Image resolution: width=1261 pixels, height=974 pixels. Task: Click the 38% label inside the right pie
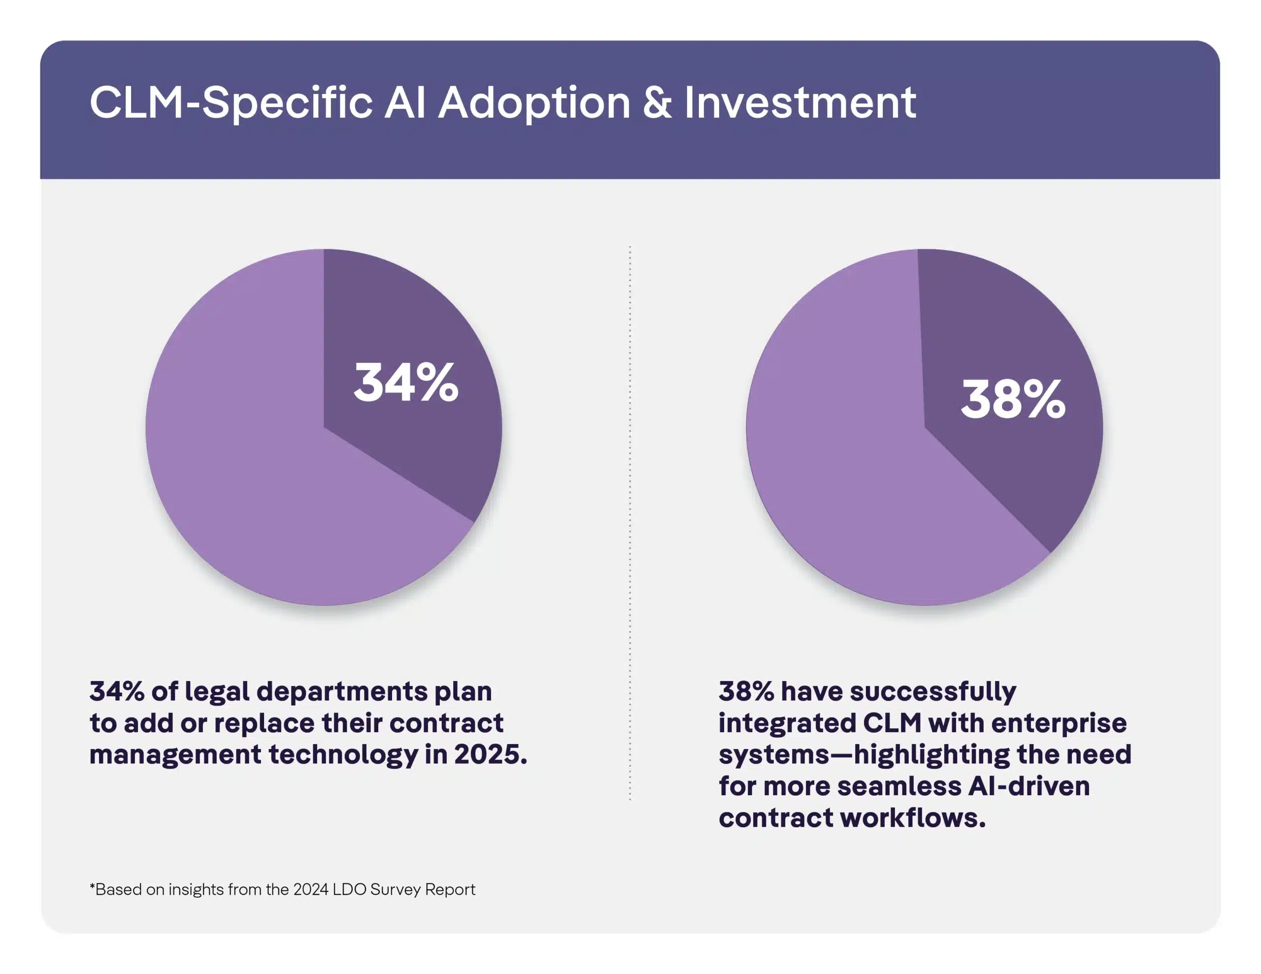click(x=1013, y=399)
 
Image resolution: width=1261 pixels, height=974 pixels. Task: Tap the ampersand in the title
click(x=657, y=103)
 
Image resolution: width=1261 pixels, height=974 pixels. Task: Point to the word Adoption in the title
click(x=534, y=103)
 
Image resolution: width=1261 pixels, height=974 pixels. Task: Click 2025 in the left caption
click(x=490, y=754)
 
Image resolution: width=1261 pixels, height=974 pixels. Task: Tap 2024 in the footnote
click(x=311, y=889)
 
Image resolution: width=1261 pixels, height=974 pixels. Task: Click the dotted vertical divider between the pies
click(x=630, y=519)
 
